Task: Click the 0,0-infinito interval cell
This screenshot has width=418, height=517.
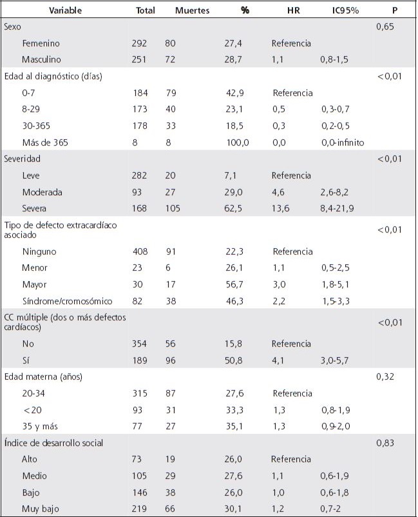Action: point(341,143)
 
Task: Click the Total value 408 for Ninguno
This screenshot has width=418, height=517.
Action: point(139,252)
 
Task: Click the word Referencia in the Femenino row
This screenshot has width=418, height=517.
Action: point(291,43)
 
